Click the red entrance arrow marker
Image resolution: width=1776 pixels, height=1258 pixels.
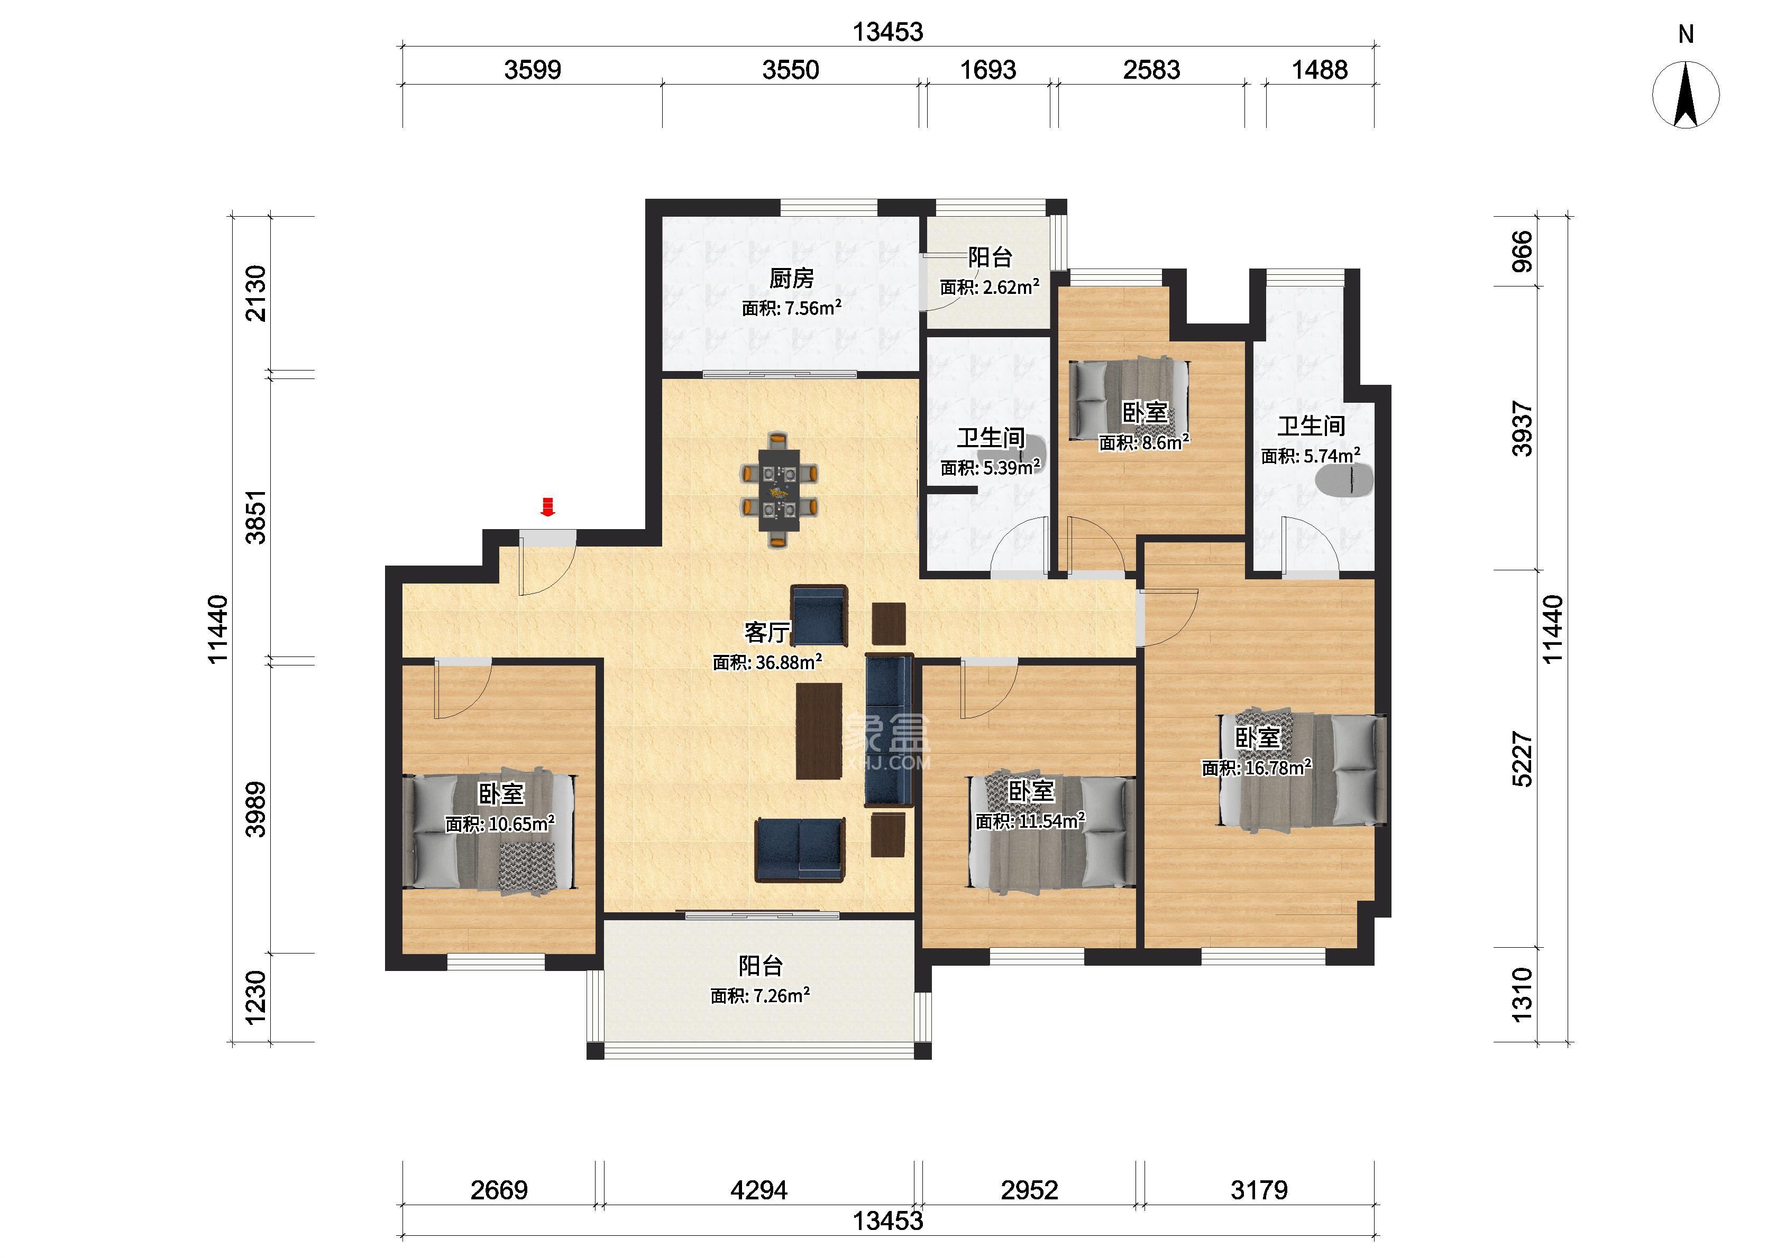tap(548, 506)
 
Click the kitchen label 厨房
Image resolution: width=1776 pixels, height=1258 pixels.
tap(791, 278)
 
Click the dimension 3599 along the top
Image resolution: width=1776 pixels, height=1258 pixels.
tap(533, 70)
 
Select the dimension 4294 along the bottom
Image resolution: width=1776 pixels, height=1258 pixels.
tap(758, 1189)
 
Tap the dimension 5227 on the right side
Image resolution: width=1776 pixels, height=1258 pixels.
tap(1523, 759)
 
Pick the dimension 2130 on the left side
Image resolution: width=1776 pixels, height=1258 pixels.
tap(255, 293)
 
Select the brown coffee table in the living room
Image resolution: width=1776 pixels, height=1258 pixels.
tap(819, 730)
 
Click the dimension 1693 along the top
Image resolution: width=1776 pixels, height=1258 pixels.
tap(988, 70)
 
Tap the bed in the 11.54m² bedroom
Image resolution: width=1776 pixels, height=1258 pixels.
tap(1052, 832)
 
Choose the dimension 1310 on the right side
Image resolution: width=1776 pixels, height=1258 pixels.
tap(1523, 995)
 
